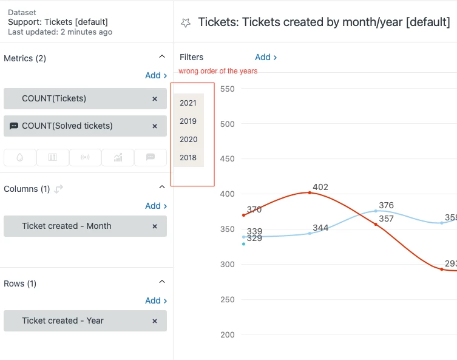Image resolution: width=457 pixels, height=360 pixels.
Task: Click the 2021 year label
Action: point(188,103)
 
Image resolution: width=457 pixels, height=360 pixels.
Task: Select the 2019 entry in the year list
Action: point(188,121)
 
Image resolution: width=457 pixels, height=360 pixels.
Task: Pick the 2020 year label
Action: point(188,140)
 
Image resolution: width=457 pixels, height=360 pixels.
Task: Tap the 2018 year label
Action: point(188,158)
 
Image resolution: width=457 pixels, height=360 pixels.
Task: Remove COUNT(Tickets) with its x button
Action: point(155,99)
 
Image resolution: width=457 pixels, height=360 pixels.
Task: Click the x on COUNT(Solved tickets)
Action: point(155,126)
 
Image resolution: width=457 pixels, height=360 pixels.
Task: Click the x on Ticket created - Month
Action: point(155,226)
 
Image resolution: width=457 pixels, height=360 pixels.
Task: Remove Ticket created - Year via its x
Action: point(155,321)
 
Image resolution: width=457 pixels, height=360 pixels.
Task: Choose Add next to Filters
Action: point(266,57)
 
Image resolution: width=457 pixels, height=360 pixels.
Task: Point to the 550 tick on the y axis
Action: point(228,89)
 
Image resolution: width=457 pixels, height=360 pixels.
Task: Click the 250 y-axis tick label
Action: point(228,299)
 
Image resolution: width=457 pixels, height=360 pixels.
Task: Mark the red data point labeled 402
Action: point(310,192)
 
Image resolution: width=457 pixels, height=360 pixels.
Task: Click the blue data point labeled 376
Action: point(376,211)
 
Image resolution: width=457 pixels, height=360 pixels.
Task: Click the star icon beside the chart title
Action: point(186,23)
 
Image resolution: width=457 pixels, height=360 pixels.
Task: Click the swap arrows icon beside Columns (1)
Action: point(59,189)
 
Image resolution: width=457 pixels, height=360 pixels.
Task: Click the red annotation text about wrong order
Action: point(218,71)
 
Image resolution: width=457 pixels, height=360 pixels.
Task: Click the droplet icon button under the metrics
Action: point(20,157)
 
